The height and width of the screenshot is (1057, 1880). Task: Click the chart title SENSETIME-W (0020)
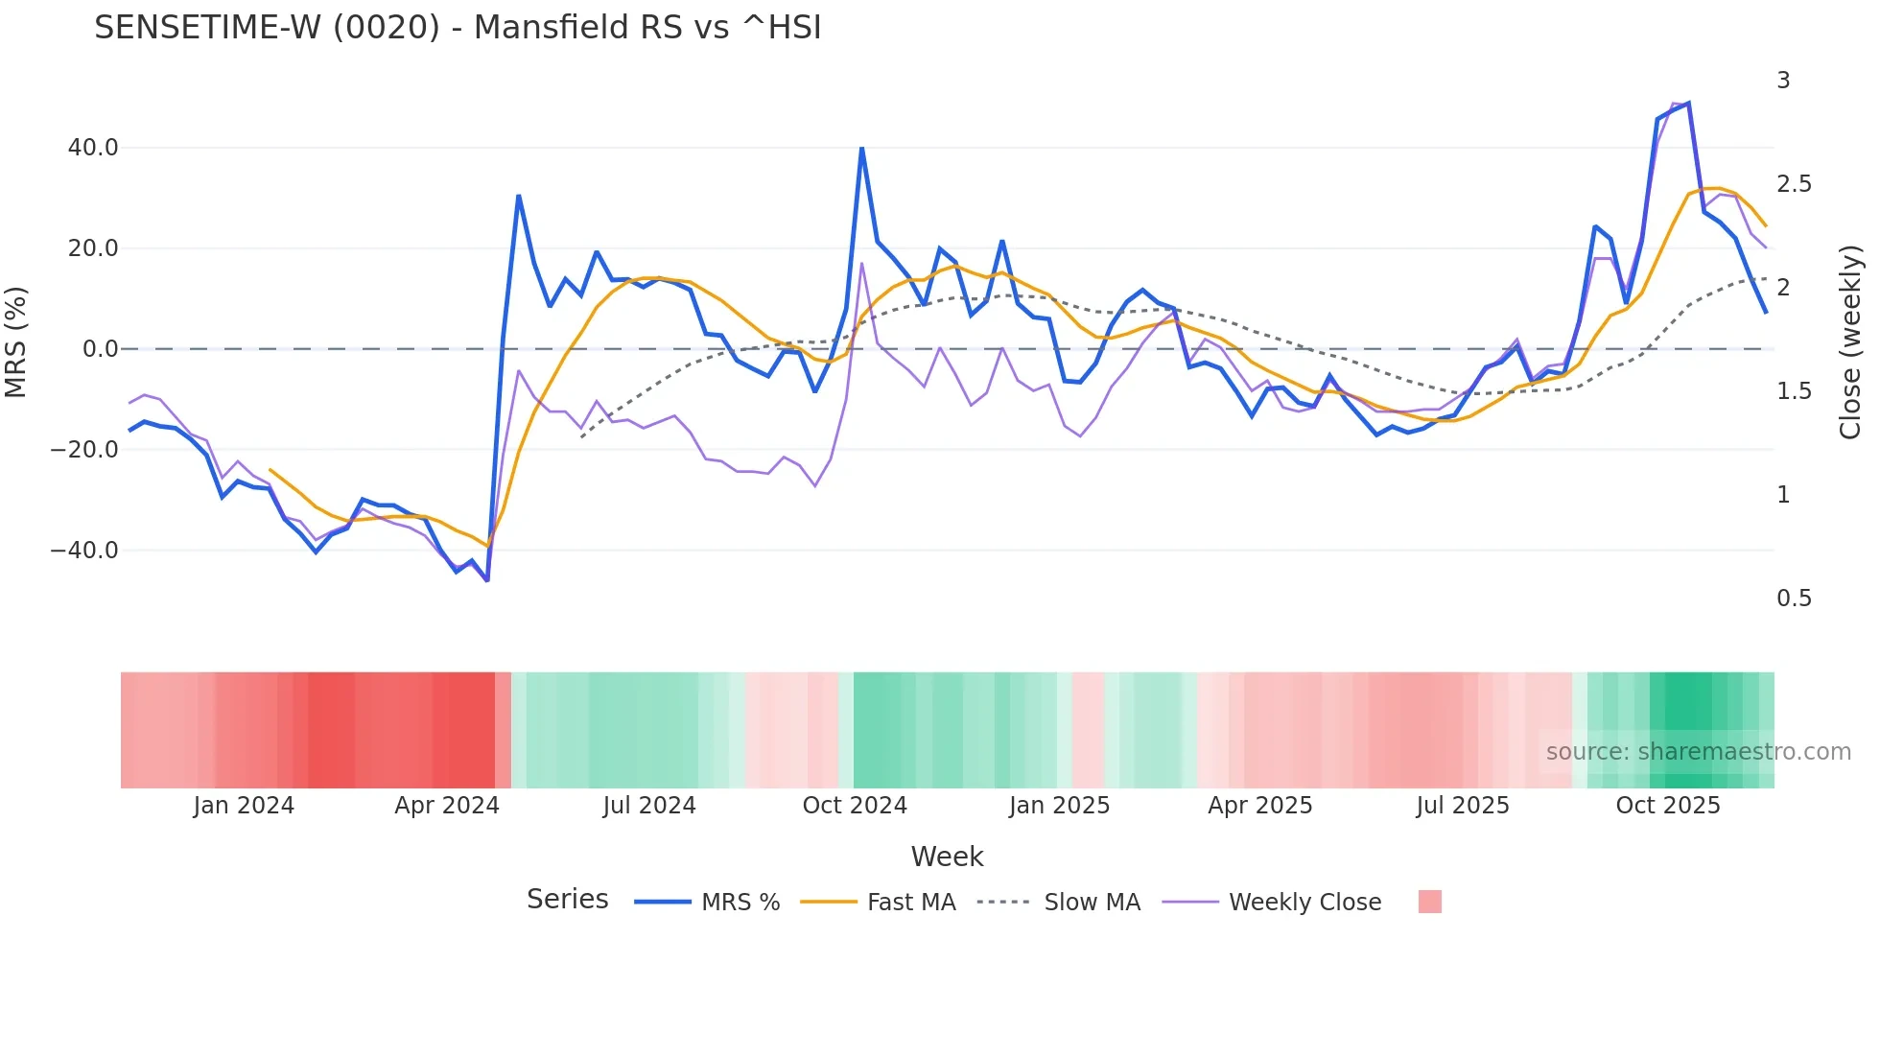(x=458, y=28)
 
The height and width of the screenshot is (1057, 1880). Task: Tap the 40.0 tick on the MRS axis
(x=93, y=148)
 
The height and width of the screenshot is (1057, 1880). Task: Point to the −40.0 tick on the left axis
(x=84, y=551)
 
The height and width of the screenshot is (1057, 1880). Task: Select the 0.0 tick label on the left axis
(x=100, y=349)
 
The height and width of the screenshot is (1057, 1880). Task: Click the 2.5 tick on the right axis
(x=1794, y=184)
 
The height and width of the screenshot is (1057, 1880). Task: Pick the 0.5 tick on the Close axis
(x=1794, y=599)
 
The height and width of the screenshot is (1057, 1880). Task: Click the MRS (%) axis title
(x=15, y=342)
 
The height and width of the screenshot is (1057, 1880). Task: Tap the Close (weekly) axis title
(x=1850, y=342)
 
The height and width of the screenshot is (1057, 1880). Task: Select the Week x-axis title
(x=947, y=857)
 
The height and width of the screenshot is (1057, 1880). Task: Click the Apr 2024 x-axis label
(x=447, y=806)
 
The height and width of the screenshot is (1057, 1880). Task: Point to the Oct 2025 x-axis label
(x=1668, y=806)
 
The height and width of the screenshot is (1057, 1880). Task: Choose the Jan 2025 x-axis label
(x=1059, y=806)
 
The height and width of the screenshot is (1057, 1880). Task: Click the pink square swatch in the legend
(x=1429, y=902)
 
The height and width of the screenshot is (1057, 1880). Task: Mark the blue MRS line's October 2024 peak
(x=861, y=149)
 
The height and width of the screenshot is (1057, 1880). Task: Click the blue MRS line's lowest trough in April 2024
(x=487, y=580)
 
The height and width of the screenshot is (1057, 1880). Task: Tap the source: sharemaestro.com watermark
(x=1698, y=752)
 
